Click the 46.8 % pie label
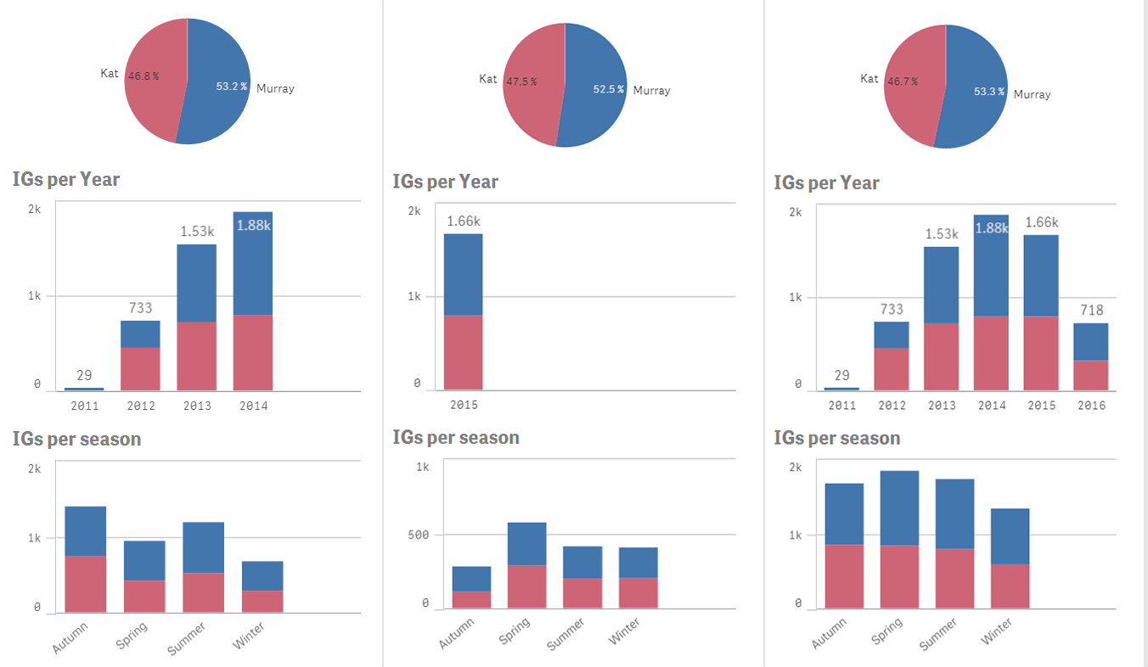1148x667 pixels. click(140, 76)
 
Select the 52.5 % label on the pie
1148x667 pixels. click(608, 89)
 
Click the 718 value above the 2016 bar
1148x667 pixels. click(1091, 310)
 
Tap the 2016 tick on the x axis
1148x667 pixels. click(1091, 406)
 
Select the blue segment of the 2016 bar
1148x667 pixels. click(1091, 342)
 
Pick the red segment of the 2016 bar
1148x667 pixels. click(1091, 375)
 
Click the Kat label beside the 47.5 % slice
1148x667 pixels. click(488, 79)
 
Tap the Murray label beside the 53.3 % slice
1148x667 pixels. click(1032, 94)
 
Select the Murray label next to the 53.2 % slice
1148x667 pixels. click(275, 88)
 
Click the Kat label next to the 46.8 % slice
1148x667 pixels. click(110, 74)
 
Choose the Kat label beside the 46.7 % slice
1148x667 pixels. click(869, 79)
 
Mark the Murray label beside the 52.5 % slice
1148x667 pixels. click(651, 91)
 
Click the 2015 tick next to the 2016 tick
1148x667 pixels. click(1042, 406)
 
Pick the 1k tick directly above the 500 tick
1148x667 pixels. click(422, 467)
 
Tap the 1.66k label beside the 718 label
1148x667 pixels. click(1042, 222)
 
